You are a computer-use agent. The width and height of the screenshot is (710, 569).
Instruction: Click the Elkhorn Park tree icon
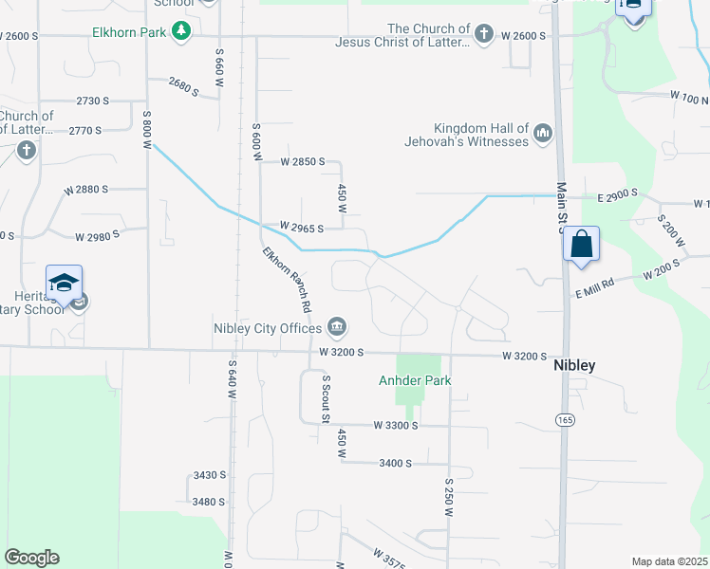pyautogui.click(x=180, y=32)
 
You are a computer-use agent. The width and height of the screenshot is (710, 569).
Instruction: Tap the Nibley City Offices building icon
pyautogui.click(x=337, y=328)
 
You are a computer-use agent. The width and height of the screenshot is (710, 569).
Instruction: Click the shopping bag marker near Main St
pyautogui.click(x=581, y=244)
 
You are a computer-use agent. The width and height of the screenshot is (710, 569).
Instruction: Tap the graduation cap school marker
pyautogui.click(x=64, y=284)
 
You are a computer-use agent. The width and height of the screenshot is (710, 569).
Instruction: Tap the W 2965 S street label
pyautogui.click(x=302, y=229)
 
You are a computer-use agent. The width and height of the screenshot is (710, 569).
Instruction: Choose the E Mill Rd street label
pyautogui.click(x=594, y=284)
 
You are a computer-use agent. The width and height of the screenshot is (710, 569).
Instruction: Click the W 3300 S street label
pyautogui.click(x=396, y=426)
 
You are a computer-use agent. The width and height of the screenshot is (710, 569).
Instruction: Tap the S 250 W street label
pyautogui.click(x=448, y=495)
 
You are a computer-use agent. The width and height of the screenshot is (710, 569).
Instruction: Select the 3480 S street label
pyautogui.click(x=208, y=502)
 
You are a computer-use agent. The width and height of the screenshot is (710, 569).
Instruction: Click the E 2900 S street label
pyautogui.click(x=617, y=194)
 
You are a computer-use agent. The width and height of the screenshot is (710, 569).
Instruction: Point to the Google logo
pyautogui.click(x=31, y=558)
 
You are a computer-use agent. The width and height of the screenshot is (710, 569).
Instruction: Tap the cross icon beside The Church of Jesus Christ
pyautogui.click(x=484, y=35)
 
